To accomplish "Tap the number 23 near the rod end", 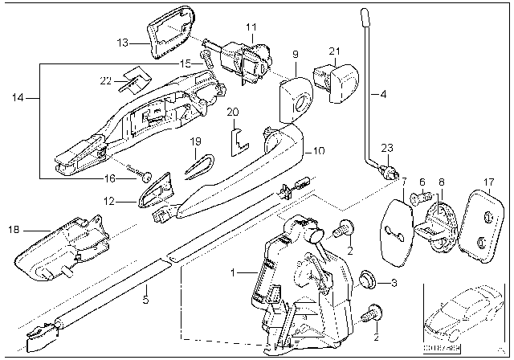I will [x=388, y=148].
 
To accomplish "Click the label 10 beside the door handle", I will [x=318, y=150].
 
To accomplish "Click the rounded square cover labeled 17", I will [x=480, y=222].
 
